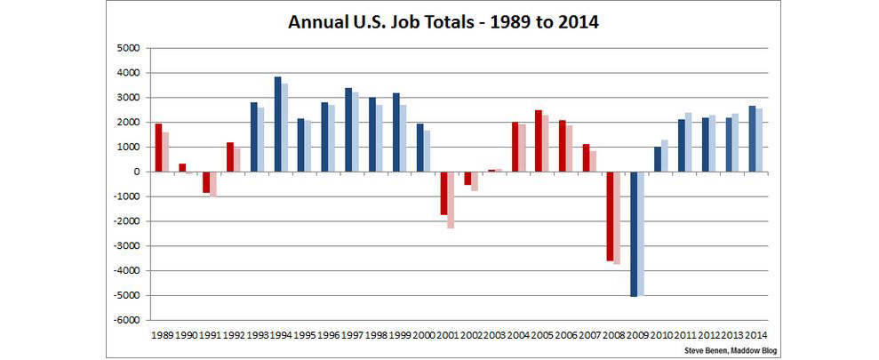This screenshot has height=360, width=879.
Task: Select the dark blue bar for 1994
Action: click(x=277, y=124)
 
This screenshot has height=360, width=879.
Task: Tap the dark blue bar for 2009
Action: click(x=634, y=234)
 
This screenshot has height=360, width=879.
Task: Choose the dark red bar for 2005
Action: click(x=539, y=140)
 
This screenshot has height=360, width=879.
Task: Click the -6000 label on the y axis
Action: click(x=129, y=320)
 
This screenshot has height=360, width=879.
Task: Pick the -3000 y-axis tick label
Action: click(x=129, y=246)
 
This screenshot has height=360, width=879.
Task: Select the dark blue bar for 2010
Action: click(x=658, y=159)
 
